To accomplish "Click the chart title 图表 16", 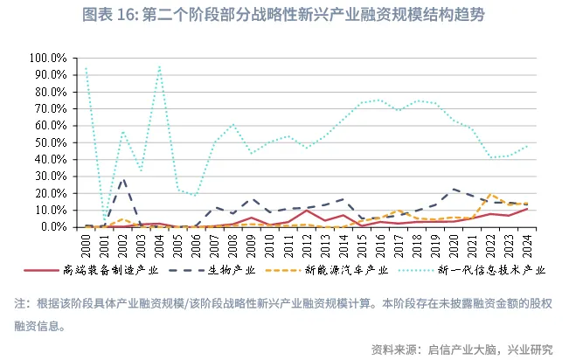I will point(284,16).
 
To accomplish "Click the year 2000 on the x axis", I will point(87,241).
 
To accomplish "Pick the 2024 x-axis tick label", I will point(527,241).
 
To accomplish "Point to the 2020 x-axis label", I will point(454,241).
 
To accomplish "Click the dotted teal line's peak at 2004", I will point(159,66).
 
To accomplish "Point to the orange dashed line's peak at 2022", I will point(490,194).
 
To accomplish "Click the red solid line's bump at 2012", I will point(307,211).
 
